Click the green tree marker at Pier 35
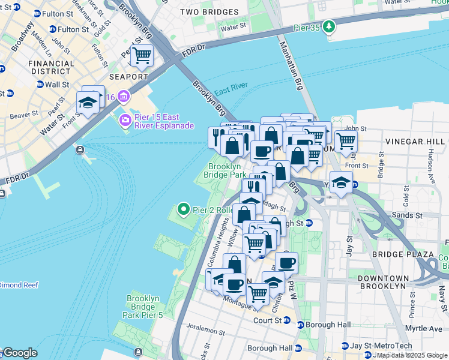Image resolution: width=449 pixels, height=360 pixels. click(x=328, y=26)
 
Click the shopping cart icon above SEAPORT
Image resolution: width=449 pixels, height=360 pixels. click(x=141, y=56)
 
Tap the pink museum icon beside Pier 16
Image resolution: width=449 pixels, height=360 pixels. click(x=124, y=97)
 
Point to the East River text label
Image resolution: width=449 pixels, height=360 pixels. click(x=231, y=90)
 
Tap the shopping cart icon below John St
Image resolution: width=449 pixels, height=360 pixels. click(x=345, y=141)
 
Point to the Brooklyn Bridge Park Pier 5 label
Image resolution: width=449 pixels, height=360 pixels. click(x=143, y=307)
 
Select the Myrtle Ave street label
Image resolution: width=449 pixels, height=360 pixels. click(x=423, y=328)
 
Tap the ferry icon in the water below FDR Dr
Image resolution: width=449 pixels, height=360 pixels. click(x=80, y=150)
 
